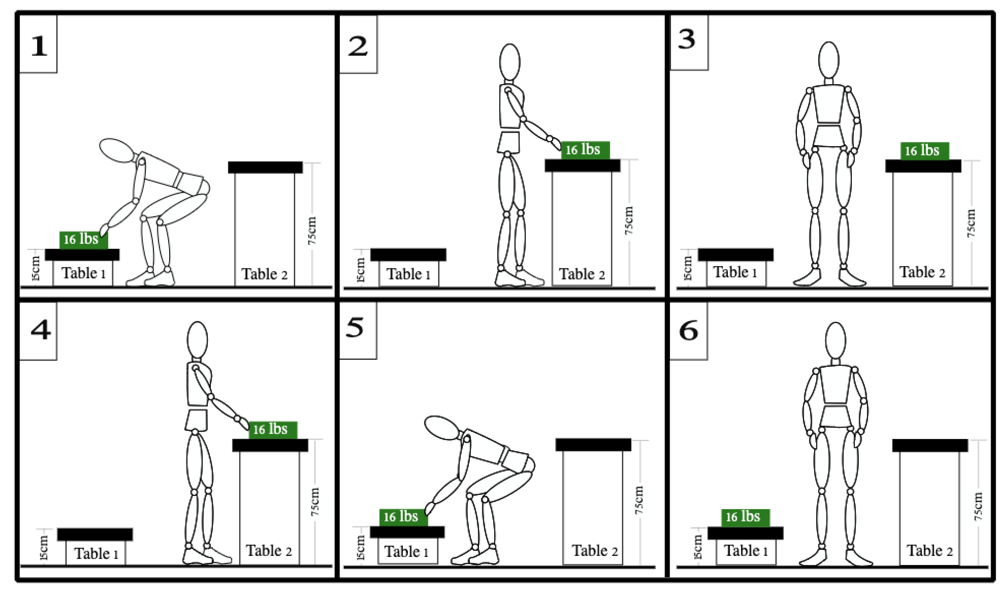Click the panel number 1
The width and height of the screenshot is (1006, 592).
coord(39,46)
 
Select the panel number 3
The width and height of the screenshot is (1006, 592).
coord(687,40)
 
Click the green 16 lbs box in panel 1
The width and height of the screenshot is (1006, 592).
coord(83,239)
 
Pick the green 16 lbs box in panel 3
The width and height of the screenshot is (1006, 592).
coord(924,150)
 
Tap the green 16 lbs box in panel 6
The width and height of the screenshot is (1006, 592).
coord(745,517)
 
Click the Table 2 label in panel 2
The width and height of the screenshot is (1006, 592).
coord(582,274)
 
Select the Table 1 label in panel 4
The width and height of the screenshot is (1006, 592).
coord(96,553)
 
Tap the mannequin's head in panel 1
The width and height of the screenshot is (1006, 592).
coord(116,150)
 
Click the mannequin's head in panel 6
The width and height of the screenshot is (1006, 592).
coord(835,340)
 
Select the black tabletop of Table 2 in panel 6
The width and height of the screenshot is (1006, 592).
coord(930,445)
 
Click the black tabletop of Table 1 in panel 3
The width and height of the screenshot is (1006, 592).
coord(735,254)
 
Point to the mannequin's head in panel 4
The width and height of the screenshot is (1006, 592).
coord(197,340)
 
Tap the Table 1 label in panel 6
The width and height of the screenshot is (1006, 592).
coord(745,550)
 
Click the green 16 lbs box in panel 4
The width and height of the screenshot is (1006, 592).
coord(273,430)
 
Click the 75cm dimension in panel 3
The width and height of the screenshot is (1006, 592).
coord(971,224)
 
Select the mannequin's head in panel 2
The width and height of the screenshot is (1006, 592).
coord(510,62)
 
